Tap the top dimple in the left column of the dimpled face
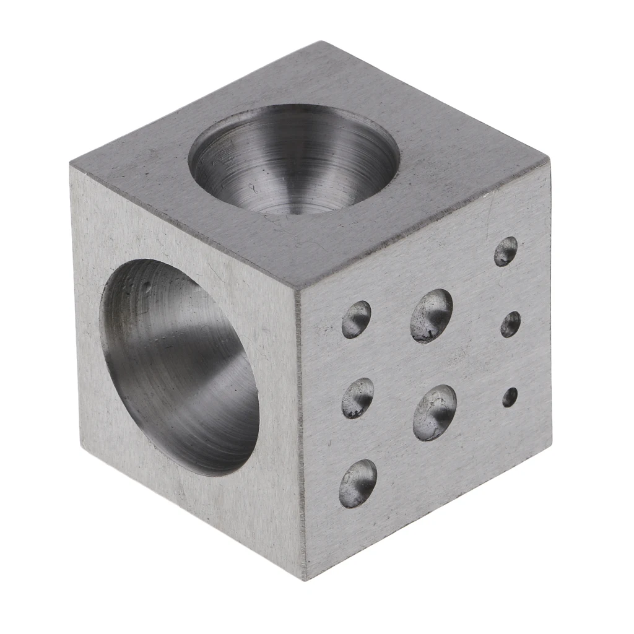pos(356,319)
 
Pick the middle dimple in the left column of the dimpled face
pos(358,397)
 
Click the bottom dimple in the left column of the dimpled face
pos(358,483)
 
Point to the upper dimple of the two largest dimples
pos(432,315)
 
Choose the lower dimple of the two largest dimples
pos(435,412)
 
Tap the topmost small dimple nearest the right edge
pos(506,251)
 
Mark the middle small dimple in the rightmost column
pos(510,324)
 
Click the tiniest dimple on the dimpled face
pos(510,397)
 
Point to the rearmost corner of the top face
pos(322,42)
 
